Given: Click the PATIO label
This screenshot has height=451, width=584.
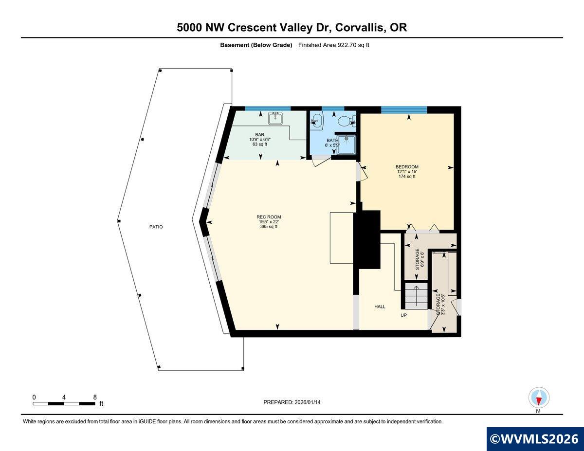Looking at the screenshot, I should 156,227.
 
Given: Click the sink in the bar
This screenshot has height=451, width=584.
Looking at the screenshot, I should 276,117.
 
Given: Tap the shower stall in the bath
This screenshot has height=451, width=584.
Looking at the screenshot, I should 347,144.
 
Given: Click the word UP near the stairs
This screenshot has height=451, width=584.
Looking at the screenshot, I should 403,315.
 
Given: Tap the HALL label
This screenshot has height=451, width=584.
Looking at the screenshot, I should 380,307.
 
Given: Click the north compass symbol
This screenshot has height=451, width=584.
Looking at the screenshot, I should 539,398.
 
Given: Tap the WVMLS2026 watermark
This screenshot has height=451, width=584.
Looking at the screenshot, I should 535,438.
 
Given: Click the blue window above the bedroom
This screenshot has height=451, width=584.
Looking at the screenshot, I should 404,109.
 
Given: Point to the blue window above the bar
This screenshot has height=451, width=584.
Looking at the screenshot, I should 268,108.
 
